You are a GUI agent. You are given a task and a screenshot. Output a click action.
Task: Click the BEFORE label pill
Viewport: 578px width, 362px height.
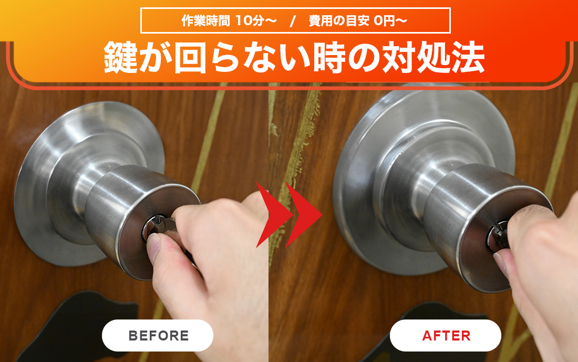pos(158,335)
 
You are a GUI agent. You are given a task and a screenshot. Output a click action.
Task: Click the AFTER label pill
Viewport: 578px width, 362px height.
pos(445,335)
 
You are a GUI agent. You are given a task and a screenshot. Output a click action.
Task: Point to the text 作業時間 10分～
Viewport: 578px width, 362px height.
pos(229,20)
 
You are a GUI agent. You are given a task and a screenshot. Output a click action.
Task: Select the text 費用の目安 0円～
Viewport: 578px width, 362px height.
pos(357,20)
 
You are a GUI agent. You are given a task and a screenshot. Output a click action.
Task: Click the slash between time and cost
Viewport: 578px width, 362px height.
pos(293,21)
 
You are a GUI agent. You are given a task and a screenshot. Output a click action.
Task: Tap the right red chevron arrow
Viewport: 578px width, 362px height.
pos(304,215)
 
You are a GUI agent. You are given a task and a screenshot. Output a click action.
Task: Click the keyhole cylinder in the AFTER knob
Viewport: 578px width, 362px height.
pos(497,236)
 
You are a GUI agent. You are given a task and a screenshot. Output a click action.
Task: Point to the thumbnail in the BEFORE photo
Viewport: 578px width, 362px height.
pos(153,247)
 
